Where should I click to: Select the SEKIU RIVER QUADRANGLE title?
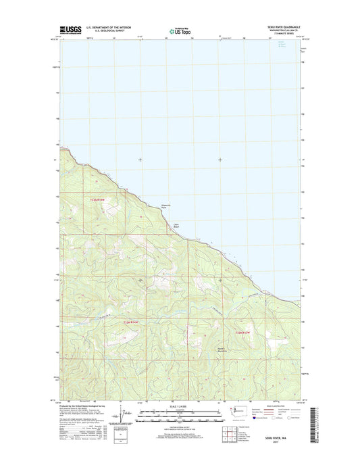(278, 28)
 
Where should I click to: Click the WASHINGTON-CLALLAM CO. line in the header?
(282, 31)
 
